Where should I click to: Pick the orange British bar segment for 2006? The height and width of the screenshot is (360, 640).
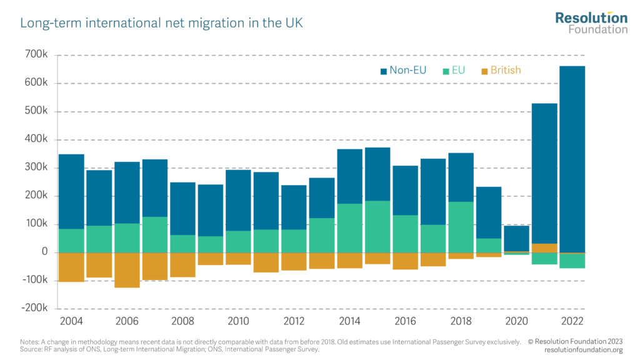[127, 270]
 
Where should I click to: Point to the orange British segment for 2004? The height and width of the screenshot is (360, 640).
[71, 267]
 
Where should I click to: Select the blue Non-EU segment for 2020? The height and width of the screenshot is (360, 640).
[516, 238]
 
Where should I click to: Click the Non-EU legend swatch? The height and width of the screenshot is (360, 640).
[383, 71]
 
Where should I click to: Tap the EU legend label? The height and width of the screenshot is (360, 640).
[458, 71]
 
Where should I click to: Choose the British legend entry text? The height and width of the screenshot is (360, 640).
[505, 71]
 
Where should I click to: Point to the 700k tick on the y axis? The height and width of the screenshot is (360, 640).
[37, 56]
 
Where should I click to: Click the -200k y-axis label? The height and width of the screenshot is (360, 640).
[35, 309]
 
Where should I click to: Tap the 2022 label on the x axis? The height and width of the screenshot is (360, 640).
[572, 321]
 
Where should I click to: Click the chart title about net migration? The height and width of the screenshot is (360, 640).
[162, 24]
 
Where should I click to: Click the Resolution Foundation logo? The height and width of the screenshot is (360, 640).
[591, 22]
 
